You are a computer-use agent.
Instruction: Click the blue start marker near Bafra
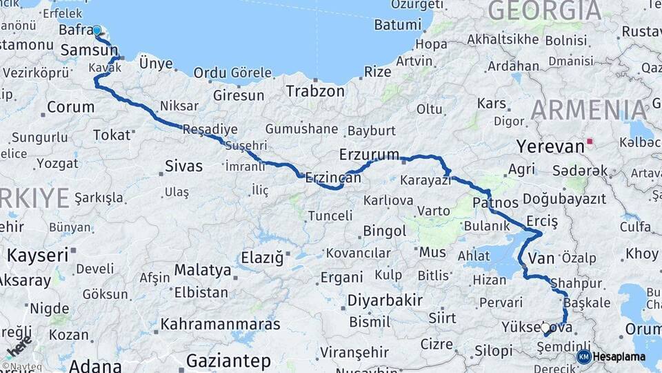[97, 31]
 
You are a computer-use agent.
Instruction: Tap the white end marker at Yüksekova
[545, 328]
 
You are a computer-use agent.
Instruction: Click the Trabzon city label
[315, 90]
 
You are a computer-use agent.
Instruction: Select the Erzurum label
[369, 154]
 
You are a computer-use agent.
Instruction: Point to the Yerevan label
[550, 146]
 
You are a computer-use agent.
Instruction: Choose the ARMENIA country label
[590, 111]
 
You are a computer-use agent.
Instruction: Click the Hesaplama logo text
[619, 357]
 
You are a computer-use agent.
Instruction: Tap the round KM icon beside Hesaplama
[583, 357]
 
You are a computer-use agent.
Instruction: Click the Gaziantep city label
[228, 361]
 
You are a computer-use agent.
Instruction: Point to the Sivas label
[184, 166]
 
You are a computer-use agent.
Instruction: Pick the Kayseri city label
[38, 255]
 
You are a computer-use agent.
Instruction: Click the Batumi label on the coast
[397, 25]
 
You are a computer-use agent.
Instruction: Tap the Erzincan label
[333, 177]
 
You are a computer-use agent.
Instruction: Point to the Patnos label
[496, 202]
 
